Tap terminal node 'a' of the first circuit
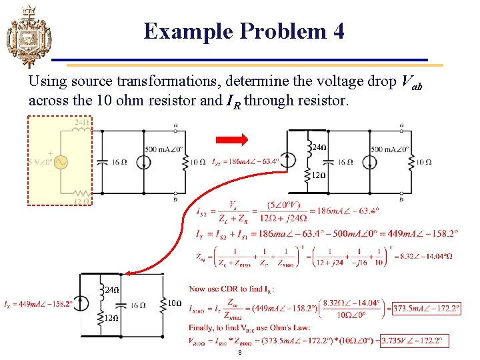click(175, 125)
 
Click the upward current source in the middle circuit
click(288, 161)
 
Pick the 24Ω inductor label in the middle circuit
click(319, 146)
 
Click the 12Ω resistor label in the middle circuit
click(319, 175)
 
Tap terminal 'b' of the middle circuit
click(401, 198)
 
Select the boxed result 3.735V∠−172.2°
click(411, 341)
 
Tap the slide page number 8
click(240, 354)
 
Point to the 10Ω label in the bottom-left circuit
click(173, 304)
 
